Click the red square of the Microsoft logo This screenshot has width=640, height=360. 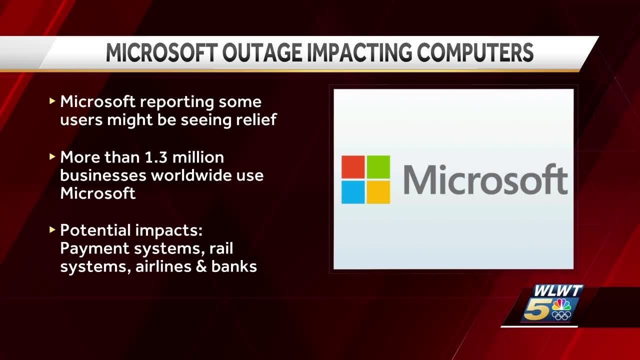click(x=353, y=167)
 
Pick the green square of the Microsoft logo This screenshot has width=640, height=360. click(x=378, y=167)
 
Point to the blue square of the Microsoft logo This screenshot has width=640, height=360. click(x=353, y=192)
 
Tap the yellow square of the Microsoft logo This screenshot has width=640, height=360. click(x=378, y=192)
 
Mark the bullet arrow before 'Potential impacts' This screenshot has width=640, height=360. click(x=52, y=230)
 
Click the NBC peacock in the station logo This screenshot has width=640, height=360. click(x=561, y=305)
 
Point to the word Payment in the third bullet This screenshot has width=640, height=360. click(x=93, y=248)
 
